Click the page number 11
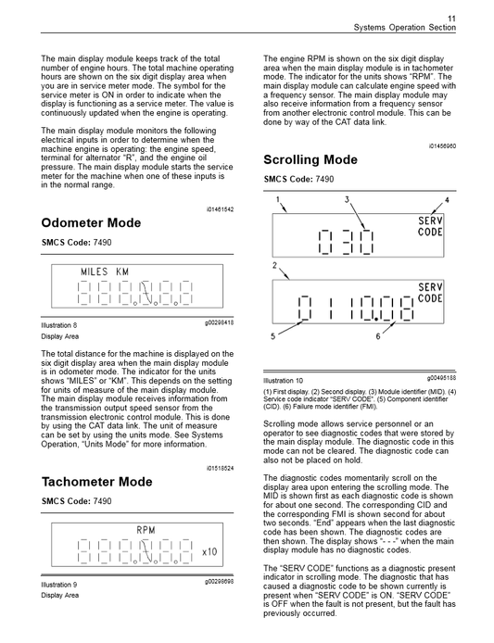[x=451, y=18]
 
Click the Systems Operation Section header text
[x=405, y=29]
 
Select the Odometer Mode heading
[x=91, y=223]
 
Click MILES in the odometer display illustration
[x=95, y=271]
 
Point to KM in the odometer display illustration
[x=122, y=271]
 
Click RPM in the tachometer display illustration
[x=146, y=530]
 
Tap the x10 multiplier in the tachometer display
[x=210, y=552]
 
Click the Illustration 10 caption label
[x=284, y=380]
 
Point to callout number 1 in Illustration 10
[x=276, y=200]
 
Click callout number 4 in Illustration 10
[x=446, y=200]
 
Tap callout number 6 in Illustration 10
[x=378, y=336]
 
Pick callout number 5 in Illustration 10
[x=273, y=336]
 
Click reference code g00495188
[x=441, y=378]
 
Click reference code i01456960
[x=441, y=145]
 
